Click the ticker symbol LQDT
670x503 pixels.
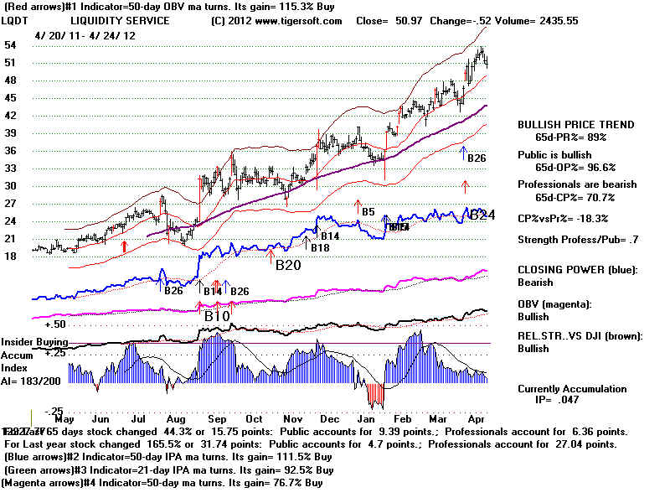click(14, 20)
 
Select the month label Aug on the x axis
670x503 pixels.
click(175, 418)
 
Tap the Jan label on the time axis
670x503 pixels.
click(367, 418)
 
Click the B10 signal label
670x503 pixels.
click(218, 317)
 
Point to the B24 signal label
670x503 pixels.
click(482, 215)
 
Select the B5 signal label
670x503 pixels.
click(368, 212)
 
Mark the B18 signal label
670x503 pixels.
click(320, 247)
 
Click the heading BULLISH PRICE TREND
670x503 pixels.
click(575, 125)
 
